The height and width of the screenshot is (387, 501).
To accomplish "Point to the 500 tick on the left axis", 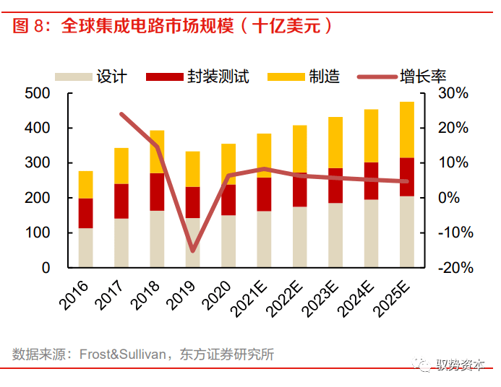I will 37,93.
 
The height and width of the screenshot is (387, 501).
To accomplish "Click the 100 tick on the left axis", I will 37,233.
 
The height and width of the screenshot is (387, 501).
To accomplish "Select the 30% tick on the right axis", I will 453,93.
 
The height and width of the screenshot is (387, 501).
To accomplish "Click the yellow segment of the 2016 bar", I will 85,184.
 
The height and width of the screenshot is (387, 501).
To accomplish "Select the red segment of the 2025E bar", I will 407,177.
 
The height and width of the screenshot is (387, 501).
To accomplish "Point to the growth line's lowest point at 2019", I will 193,251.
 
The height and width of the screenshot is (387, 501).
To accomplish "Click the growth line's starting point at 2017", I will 121,114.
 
